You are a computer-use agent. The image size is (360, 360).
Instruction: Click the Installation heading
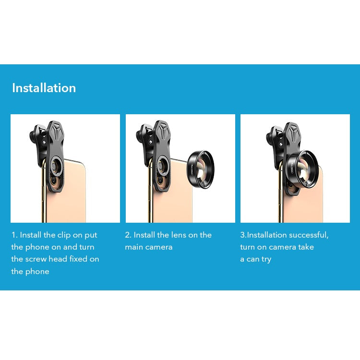tap(44, 88)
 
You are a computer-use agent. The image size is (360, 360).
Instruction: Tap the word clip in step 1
tap(64, 235)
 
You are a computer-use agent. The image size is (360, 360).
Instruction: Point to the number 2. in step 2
tap(128, 235)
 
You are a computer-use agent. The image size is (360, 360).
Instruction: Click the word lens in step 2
tap(179, 235)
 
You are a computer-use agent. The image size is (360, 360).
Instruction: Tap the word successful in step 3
tap(309, 235)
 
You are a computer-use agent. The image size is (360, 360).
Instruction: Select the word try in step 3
tap(266, 259)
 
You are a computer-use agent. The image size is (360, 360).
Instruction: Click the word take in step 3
tap(306, 247)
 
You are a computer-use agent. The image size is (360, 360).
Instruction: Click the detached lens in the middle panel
tap(201, 169)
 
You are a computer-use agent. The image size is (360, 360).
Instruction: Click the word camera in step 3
tap(282, 247)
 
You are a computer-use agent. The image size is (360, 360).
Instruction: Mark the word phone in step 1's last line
tap(37, 272)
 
